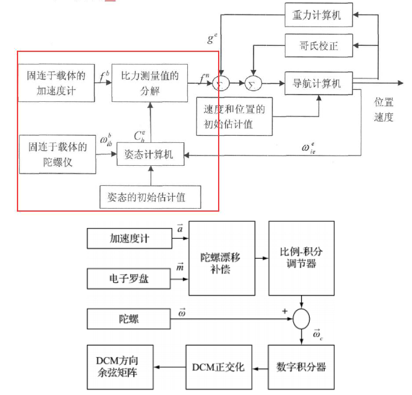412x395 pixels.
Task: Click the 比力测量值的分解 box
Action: tap(150, 83)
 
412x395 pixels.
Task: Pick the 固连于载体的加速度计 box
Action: tap(55, 83)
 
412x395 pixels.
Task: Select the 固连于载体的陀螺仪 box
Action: tap(55, 154)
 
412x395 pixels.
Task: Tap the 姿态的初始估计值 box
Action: tap(150, 197)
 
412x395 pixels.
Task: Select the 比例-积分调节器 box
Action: tap(302, 258)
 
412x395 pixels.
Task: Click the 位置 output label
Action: tap(384, 102)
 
